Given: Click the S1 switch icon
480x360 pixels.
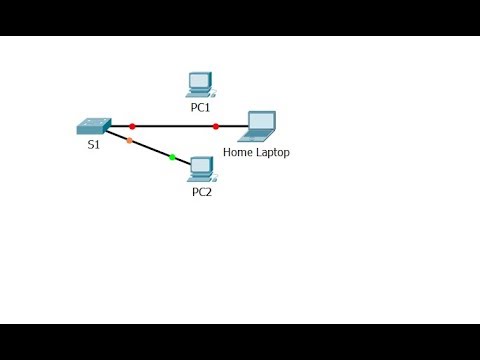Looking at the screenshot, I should click(x=93, y=127).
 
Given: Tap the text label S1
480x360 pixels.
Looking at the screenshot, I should click(x=93, y=146).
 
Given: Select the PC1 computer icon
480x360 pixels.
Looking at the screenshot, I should click(x=200, y=84).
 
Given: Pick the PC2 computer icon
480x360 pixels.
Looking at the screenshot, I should click(x=202, y=168).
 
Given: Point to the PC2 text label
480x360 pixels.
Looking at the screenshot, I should click(x=202, y=191).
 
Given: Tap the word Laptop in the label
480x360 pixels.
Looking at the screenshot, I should click(x=273, y=153).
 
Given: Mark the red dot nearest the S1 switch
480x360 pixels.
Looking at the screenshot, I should click(x=132, y=126).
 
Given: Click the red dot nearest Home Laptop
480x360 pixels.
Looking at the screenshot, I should click(x=216, y=126).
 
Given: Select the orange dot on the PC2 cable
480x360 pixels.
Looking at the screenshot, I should click(x=129, y=140).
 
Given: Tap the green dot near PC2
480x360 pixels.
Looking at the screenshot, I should click(x=172, y=157).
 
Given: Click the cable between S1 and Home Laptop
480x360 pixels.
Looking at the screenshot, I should click(x=175, y=126).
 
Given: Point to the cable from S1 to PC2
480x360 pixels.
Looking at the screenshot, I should click(x=150, y=148).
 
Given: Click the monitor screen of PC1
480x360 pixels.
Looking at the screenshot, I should click(x=200, y=80).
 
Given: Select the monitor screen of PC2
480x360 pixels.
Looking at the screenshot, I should click(x=202, y=164).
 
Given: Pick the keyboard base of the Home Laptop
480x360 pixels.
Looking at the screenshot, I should click(x=255, y=137).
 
